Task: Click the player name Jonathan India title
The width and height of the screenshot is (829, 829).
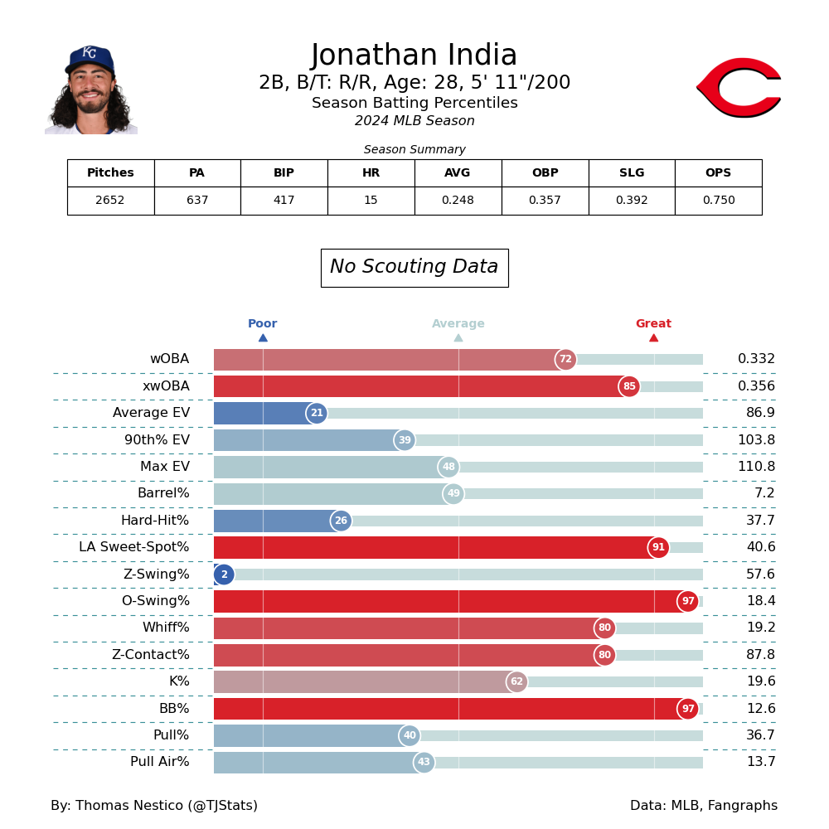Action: pyautogui.click(x=414, y=56)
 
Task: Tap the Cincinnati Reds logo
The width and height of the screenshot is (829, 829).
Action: pyautogui.click(x=739, y=87)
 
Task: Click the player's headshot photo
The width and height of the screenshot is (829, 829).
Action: pyautogui.click(x=91, y=90)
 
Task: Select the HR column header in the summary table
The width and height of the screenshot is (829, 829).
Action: pyautogui.click(x=371, y=173)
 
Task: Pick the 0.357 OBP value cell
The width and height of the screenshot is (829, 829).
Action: pyautogui.click(x=545, y=201)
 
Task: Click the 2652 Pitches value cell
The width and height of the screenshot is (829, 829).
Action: pyautogui.click(x=110, y=201)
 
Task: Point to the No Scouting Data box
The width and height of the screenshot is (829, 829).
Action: pyautogui.click(x=414, y=268)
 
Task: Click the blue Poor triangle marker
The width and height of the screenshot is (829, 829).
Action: pyautogui.click(x=263, y=337)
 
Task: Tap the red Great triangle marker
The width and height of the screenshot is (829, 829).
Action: pyautogui.click(x=653, y=337)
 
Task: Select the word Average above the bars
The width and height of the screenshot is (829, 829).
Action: pyautogui.click(x=458, y=324)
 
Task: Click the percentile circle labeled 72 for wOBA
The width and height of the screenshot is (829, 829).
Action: pyautogui.click(x=565, y=360)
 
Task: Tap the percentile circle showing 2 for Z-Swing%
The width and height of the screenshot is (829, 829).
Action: pyautogui.click(x=224, y=574)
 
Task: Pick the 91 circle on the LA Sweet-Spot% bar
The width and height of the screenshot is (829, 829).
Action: pyautogui.click(x=658, y=548)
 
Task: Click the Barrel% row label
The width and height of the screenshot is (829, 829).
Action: pyautogui.click(x=163, y=494)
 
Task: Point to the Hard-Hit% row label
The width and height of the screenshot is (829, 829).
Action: pyautogui.click(x=155, y=521)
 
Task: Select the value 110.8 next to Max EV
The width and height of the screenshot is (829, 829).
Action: pyautogui.click(x=756, y=467)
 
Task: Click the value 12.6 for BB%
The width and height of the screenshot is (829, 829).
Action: pyautogui.click(x=757, y=709)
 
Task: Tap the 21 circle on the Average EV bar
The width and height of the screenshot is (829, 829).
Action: pyautogui.click(x=317, y=414)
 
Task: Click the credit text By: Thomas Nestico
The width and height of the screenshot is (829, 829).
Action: pyautogui.click(x=154, y=806)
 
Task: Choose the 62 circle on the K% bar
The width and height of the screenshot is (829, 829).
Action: pyautogui.click(x=516, y=682)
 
